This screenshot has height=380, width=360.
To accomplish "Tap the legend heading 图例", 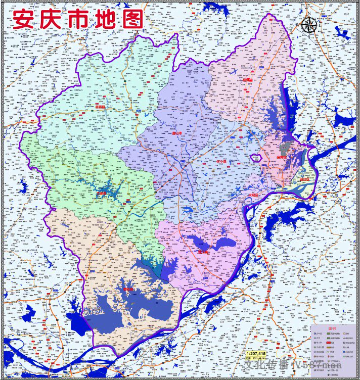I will coord(332,328).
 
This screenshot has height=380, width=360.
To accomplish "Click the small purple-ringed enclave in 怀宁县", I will coord(255,157).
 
